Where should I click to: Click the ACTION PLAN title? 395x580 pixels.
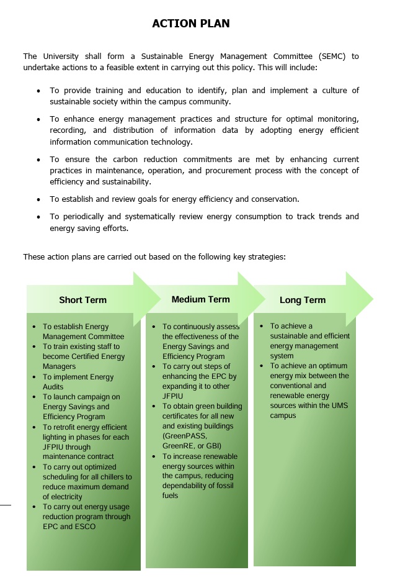[x=191, y=24]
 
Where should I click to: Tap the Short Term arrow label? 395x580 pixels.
[x=82, y=300]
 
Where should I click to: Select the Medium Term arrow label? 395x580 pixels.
[x=200, y=299]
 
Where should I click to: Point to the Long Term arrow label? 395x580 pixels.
[x=302, y=300]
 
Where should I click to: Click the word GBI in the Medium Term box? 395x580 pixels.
[x=214, y=446]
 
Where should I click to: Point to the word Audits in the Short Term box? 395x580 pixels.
[x=53, y=387]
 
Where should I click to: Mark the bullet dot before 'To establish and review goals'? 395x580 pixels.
[x=38, y=200]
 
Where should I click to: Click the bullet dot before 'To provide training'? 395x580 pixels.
[x=38, y=91]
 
